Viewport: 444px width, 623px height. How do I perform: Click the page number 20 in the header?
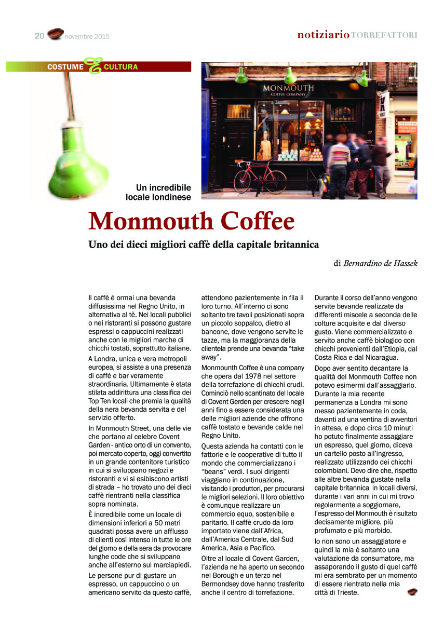pyautogui.click(x=39, y=36)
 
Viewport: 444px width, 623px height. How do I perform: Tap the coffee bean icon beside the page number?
pyautogui.click(x=55, y=34)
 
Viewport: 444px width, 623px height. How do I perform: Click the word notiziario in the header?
pyautogui.click(x=323, y=35)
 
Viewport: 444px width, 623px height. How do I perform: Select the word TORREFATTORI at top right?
pyautogui.click(x=384, y=35)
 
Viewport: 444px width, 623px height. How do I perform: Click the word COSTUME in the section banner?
pyautogui.click(x=65, y=67)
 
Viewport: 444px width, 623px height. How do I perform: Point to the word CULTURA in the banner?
pyautogui.click(x=120, y=67)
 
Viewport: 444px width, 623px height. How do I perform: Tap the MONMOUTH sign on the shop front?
pyautogui.click(x=289, y=88)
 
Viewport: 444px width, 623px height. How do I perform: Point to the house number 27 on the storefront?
pyautogui.click(x=370, y=132)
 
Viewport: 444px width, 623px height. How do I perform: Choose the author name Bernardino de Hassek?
pyautogui.click(x=380, y=263)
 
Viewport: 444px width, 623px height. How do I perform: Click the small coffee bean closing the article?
pyautogui.click(x=412, y=591)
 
